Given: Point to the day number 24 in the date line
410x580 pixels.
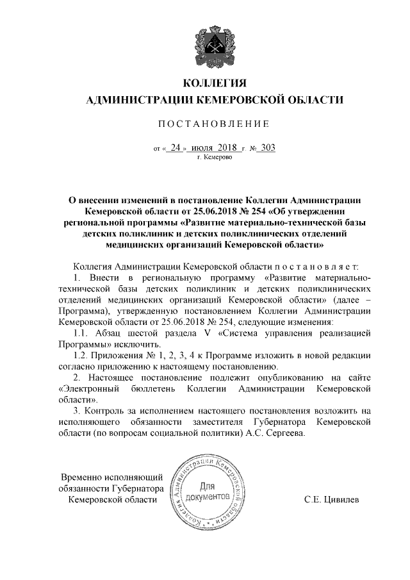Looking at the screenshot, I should [x=175, y=147].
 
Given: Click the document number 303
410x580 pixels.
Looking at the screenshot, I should [x=266, y=147].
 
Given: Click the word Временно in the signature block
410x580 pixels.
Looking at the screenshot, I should [x=83, y=477].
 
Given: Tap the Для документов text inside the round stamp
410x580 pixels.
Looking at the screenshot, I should [x=208, y=490].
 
